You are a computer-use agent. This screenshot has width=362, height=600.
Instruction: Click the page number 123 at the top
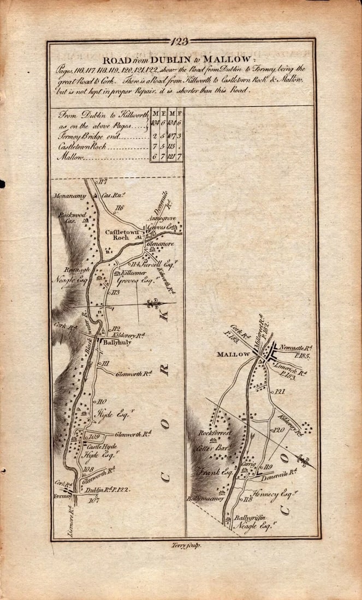click(180, 41)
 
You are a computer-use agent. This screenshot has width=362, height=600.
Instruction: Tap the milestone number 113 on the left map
click(115, 293)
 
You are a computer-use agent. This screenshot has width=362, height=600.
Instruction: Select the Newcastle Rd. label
click(294, 347)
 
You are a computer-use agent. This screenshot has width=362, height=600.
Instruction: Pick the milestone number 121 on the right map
click(281, 392)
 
